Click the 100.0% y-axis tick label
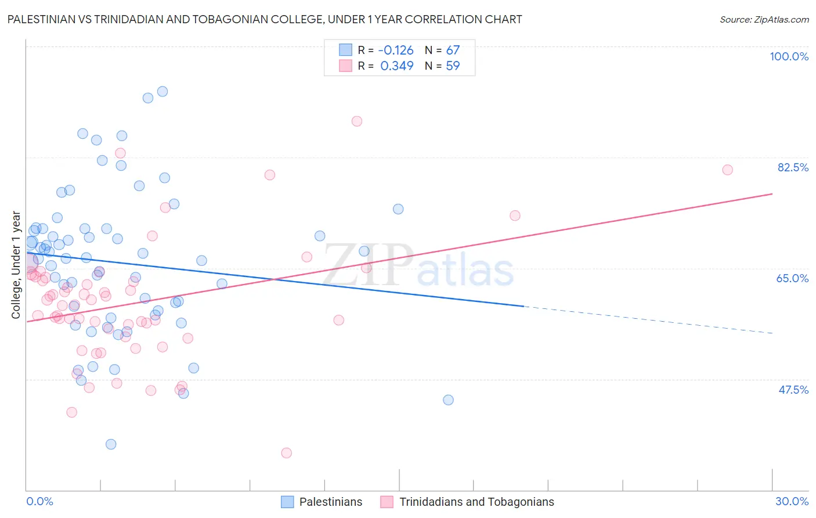coord(789,56)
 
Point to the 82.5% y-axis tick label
coord(793,167)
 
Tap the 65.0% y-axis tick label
coord(792,278)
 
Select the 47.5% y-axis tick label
coord(793,390)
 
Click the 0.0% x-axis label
coord(39,501)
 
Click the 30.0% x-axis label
coord(792,501)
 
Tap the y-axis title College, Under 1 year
coord(16,265)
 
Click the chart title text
coord(265,19)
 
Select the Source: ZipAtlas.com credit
coord(764,19)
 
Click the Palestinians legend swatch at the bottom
coord(287,502)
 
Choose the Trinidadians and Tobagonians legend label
coord(476,502)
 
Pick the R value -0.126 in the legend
coord(396,50)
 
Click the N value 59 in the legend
coord(453,66)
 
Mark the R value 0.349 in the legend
coord(397,66)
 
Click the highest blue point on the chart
coord(163,92)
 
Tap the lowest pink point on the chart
coord(286,453)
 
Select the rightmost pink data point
coord(727,170)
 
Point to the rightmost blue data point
coord(448,400)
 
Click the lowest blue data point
coord(111,444)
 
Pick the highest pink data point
coord(357,121)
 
